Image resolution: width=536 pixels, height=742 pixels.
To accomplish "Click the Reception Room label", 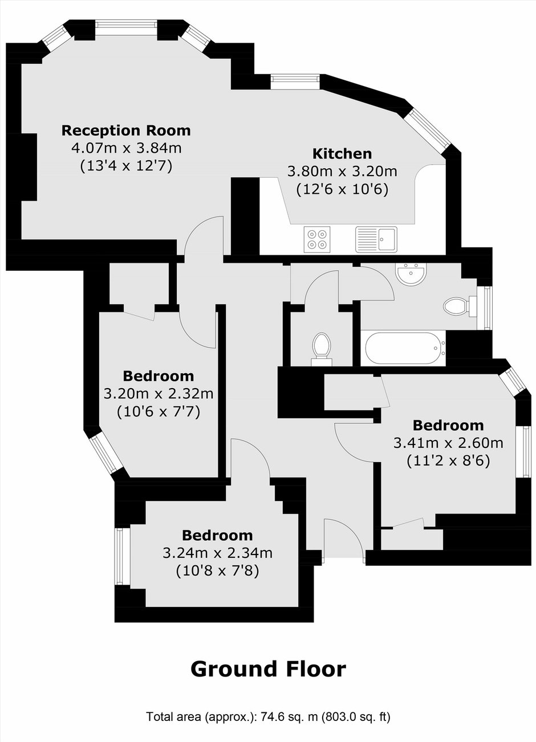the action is (126, 131).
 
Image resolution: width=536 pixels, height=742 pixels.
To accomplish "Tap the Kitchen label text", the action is (342, 154).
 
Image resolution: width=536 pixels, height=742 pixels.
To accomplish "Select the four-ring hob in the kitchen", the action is (317, 239).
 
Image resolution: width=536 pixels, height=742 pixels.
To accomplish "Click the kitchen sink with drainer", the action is (376, 239).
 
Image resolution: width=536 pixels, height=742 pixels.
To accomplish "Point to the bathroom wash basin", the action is (411, 274).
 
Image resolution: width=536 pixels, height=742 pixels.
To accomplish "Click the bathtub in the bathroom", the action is (405, 348).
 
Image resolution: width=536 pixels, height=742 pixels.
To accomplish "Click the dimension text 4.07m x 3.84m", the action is (126, 148).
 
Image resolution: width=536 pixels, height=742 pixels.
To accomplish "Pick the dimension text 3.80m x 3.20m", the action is (342, 172).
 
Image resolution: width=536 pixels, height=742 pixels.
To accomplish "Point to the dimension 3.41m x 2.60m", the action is (448, 443).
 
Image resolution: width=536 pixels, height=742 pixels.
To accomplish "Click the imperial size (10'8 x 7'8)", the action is (217, 570).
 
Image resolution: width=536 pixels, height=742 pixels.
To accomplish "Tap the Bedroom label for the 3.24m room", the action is (217, 536).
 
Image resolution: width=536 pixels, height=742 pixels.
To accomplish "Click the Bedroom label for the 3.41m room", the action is (448, 426).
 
